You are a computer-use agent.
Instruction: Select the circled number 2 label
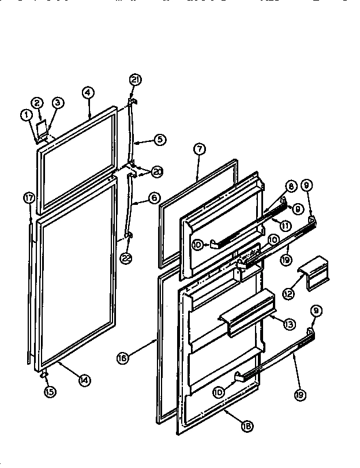(37, 103)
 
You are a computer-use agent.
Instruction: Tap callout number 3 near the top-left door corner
(58, 103)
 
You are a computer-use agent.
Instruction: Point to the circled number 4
(88, 92)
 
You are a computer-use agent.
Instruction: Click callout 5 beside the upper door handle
(159, 139)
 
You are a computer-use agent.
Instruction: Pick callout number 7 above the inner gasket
(198, 149)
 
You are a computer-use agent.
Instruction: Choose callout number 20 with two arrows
(157, 171)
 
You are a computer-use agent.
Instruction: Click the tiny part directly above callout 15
(44, 376)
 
